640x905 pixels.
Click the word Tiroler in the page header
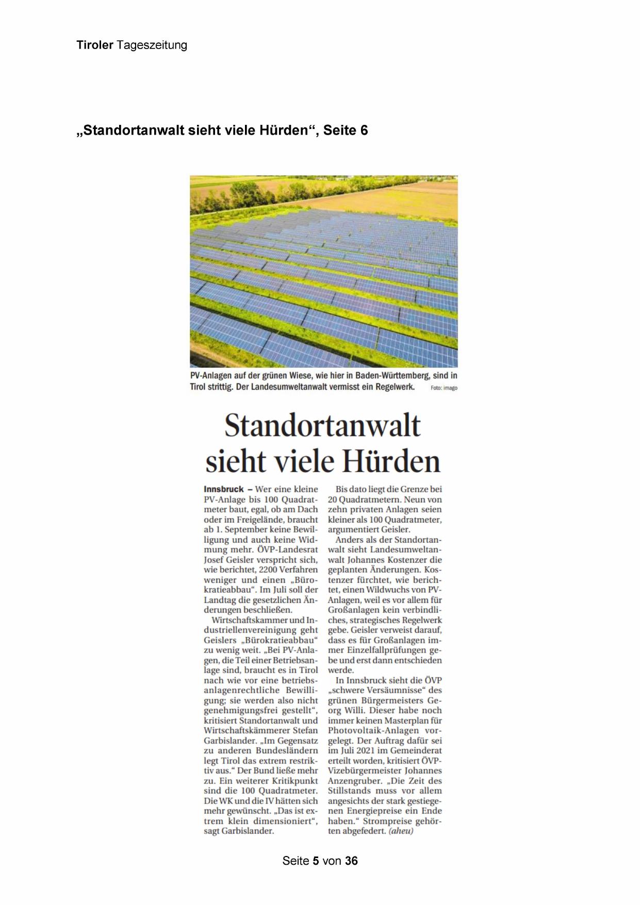tap(95, 45)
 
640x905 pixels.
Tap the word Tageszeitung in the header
tap(152, 45)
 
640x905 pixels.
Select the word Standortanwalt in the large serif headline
tap(323, 426)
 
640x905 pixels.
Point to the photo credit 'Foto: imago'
tap(444, 388)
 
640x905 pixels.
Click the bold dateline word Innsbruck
tap(224, 489)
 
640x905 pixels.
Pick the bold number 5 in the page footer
tap(316, 861)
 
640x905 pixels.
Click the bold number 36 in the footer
tap(351, 861)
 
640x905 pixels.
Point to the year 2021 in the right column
tap(366, 751)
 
